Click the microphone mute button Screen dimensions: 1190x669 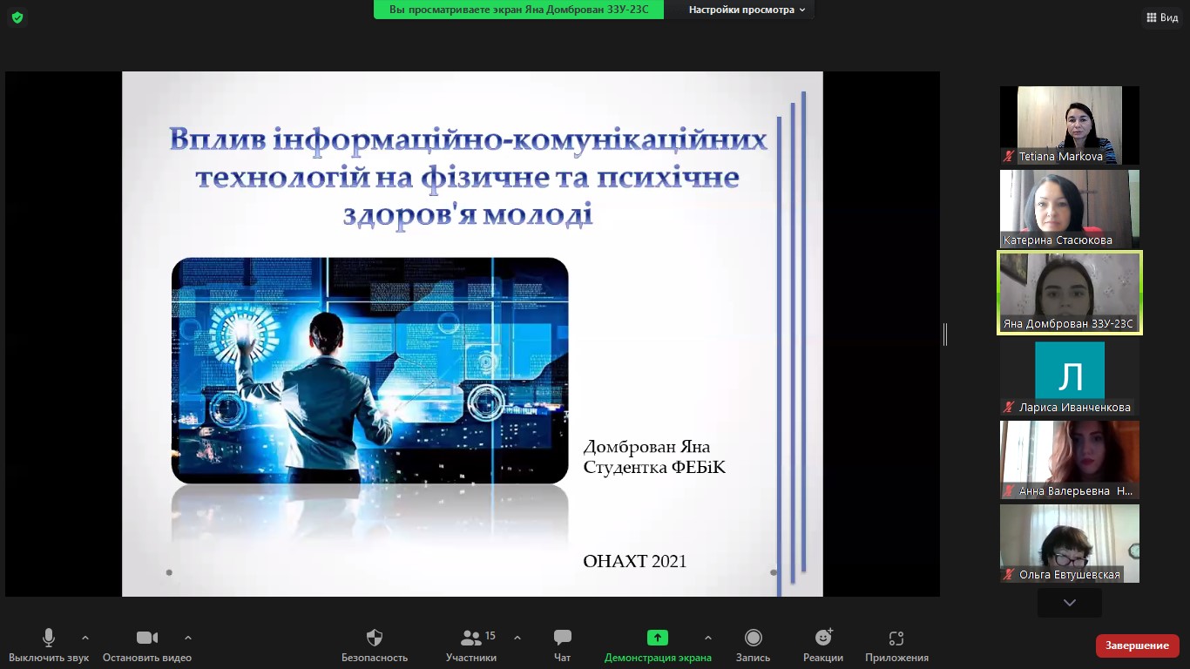pyautogui.click(x=48, y=638)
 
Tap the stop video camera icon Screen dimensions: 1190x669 pyautogui.click(x=147, y=638)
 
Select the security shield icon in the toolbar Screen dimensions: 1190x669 pyautogui.click(x=375, y=638)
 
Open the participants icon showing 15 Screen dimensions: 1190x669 pyautogui.click(x=470, y=638)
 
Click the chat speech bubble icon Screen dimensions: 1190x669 pyautogui.click(x=562, y=637)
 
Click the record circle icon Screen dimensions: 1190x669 pyautogui.click(x=753, y=638)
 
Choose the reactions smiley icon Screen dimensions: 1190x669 pyautogui.click(x=823, y=637)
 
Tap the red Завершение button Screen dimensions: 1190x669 pyautogui.click(x=1137, y=645)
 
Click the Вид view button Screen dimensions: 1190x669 pyautogui.click(x=1163, y=17)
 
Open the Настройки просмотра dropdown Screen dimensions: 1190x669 pyautogui.click(x=747, y=10)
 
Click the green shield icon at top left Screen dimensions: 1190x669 pyautogui.click(x=17, y=18)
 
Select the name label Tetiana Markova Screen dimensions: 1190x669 pyautogui.click(x=1060, y=157)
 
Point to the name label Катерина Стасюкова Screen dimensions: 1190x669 pyautogui.click(x=1058, y=240)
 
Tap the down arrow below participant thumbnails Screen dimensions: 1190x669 pyautogui.click(x=1070, y=603)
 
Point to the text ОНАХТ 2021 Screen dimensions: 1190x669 pyautogui.click(x=634, y=561)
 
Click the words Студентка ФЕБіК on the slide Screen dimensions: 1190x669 pyautogui.click(x=654, y=467)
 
